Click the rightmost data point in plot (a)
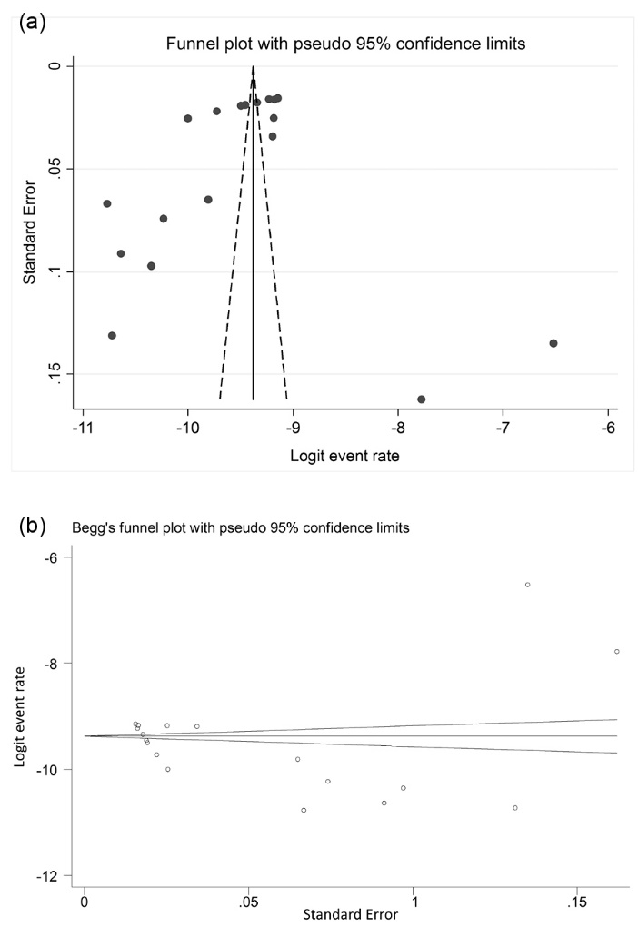(553, 343)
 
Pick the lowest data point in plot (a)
(421, 399)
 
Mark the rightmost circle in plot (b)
(617, 651)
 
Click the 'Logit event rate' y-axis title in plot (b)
(20, 717)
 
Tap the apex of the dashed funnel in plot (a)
(254, 68)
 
